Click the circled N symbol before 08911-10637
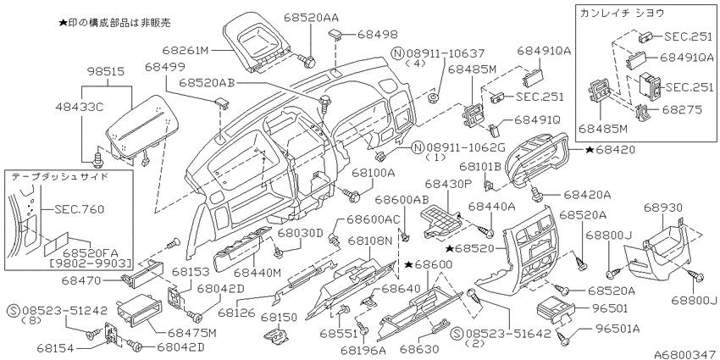(x=398, y=53)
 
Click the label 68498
(x=377, y=35)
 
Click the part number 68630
(x=417, y=348)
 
